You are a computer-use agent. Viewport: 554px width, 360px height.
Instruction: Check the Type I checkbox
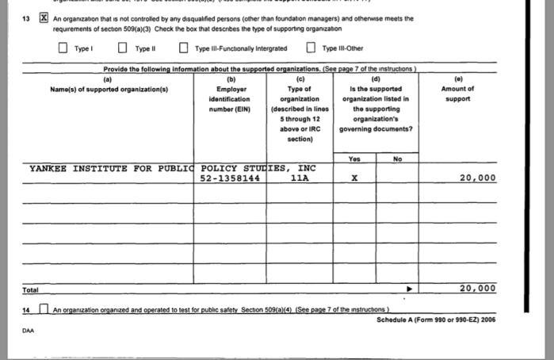63,48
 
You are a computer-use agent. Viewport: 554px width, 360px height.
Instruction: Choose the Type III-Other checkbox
311,48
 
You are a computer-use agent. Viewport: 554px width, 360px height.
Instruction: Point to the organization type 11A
299,178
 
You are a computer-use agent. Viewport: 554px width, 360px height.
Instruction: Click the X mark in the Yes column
354,178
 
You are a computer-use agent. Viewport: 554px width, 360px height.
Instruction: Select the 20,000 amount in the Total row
477,288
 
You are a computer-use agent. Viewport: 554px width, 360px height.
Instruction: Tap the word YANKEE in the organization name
48,168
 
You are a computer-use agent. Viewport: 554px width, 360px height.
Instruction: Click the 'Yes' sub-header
354,159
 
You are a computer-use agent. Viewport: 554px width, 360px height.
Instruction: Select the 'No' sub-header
397,159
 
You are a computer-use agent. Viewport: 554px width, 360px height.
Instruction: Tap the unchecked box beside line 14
44,308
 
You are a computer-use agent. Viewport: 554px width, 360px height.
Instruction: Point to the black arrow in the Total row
410,289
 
